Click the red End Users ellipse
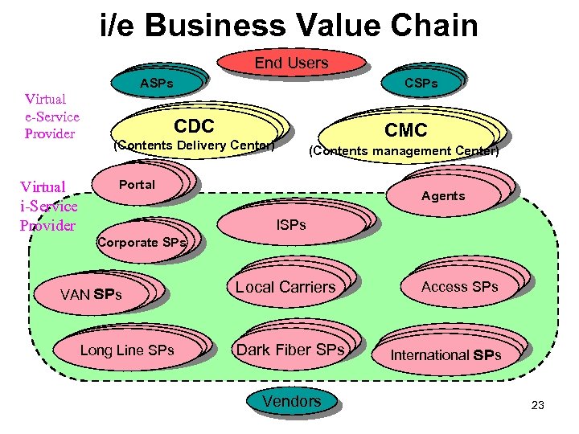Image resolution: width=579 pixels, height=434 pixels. pyautogui.click(x=291, y=63)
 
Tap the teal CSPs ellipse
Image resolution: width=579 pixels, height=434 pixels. pyautogui.click(x=421, y=83)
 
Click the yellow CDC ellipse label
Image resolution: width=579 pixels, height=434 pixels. pyautogui.click(x=194, y=127)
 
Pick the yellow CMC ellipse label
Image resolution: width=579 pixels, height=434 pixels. pyautogui.click(x=405, y=129)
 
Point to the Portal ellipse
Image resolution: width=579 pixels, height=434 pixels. pyautogui.click(x=138, y=185)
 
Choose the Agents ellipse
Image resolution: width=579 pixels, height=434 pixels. pyautogui.click(x=443, y=195)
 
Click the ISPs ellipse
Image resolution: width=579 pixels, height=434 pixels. pyautogui.click(x=290, y=225)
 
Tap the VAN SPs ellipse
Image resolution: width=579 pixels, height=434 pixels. pyautogui.click(x=91, y=294)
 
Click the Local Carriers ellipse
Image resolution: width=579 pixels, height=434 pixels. pyautogui.click(x=285, y=287)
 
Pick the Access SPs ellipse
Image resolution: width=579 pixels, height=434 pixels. pyautogui.click(x=459, y=287)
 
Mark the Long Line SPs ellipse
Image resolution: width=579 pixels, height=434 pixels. pyautogui.click(x=127, y=350)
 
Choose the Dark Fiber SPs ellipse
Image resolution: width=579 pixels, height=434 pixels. pyautogui.click(x=289, y=350)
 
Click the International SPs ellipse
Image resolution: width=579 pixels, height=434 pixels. pyautogui.click(x=446, y=354)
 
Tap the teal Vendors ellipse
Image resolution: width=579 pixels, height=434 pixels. pyautogui.click(x=291, y=401)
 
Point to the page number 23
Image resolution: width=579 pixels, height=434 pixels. pyautogui.click(x=538, y=406)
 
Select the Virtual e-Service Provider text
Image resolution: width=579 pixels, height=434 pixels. pyautogui.click(x=51, y=117)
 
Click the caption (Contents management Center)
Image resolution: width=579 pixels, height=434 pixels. pyautogui.click(x=404, y=151)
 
